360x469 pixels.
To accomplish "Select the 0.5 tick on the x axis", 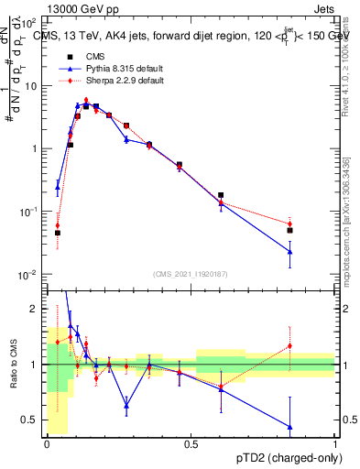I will click(191, 443).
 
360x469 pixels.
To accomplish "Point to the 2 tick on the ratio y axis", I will click(36, 309).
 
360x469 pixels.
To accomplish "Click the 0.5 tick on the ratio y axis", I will click(32, 420).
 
